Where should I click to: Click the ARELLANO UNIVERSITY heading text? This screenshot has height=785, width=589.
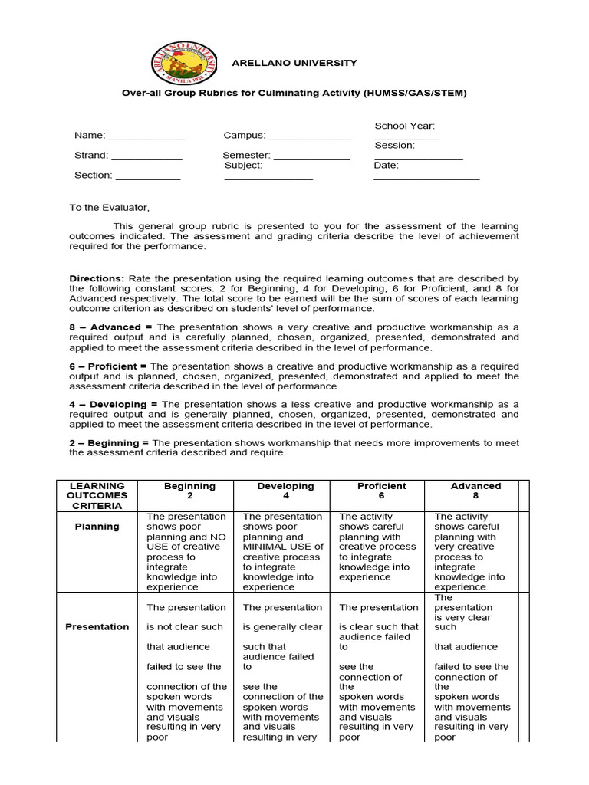coord(294,63)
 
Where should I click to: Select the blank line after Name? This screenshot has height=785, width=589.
coord(146,138)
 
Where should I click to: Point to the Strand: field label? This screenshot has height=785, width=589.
coord(91,156)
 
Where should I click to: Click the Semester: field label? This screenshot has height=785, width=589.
coord(246,156)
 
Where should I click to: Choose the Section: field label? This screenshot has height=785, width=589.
coord(93,176)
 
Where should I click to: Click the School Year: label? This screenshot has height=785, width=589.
coord(404,126)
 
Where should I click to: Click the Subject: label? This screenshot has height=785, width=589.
coord(243,166)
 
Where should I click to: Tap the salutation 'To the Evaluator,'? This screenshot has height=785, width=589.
coord(110,208)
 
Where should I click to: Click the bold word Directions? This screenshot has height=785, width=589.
coord(97,278)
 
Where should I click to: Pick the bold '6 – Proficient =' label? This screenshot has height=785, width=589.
coord(108,366)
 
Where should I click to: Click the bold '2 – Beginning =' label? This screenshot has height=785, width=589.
coord(109,443)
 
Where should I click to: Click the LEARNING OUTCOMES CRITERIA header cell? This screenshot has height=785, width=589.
coord(97,496)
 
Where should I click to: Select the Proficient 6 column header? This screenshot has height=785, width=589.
coord(381,491)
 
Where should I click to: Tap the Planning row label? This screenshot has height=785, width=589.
coord(97,527)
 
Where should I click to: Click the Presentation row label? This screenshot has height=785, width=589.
coord(97,627)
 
